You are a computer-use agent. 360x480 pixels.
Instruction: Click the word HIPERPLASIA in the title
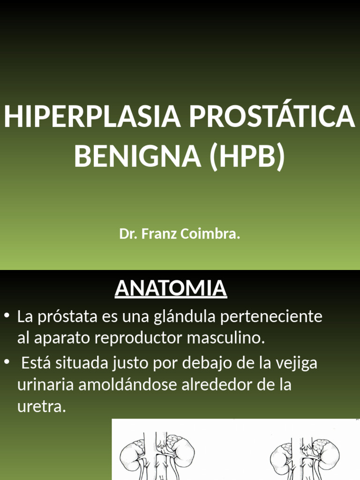tap(92, 117)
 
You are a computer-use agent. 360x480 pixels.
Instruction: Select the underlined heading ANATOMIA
tap(171, 288)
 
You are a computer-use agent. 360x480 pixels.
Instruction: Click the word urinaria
tap(45, 385)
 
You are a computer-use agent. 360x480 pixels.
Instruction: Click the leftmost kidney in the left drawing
tap(131, 456)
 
